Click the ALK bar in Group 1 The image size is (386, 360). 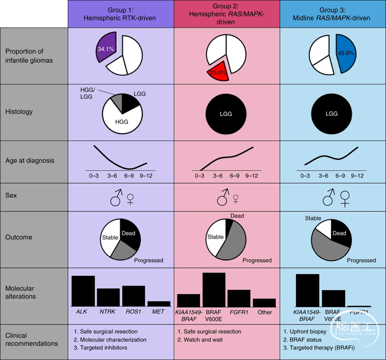click(x=83, y=290)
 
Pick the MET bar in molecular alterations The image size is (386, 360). click(x=158, y=303)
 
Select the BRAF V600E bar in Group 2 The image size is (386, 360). click(x=214, y=289)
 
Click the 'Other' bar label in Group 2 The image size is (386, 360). click(x=265, y=312)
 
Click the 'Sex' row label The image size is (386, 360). click(x=11, y=195)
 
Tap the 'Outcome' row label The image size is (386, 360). click(x=19, y=237)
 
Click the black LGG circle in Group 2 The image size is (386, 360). click(x=227, y=114)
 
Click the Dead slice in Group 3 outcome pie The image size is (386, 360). click(x=341, y=234)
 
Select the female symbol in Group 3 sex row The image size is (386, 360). click(x=344, y=199)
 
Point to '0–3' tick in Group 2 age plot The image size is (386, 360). click(x=199, y=175)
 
